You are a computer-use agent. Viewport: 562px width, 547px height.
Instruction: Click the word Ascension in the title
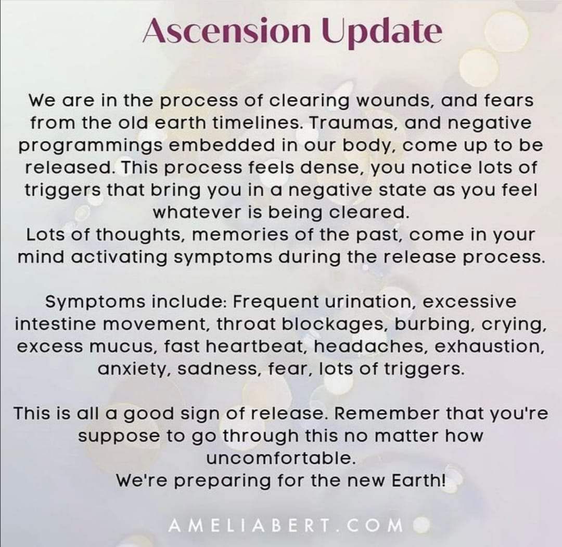227,31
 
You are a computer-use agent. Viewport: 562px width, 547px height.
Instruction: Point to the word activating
119,258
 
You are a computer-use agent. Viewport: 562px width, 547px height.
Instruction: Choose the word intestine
56,324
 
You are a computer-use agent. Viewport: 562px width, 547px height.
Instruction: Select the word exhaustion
489,347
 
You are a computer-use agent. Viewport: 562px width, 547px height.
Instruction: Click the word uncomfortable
281,458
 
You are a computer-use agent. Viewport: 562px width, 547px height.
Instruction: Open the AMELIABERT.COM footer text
286,526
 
